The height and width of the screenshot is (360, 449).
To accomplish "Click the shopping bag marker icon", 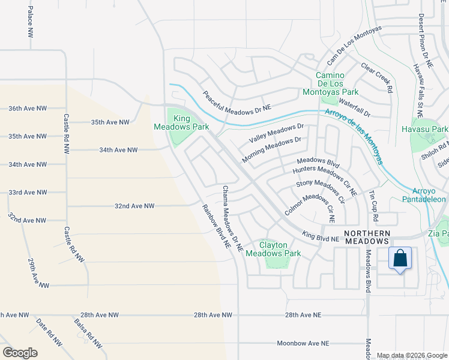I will pyautogui.click(x=400, y=259).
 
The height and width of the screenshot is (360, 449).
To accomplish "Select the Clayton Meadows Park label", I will pyautogui.click(x=273, y=250).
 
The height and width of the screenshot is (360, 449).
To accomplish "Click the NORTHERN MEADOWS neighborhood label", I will pyautogui.click(x=366, y=237).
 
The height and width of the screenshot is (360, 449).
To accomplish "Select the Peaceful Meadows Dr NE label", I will pyautogui.click(x=237, y=100).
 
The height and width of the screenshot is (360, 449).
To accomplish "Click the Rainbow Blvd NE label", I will pyautogui.click(x=216, y=226).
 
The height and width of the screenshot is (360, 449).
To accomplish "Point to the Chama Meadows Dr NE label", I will pyautogui.click(x=232, y=217).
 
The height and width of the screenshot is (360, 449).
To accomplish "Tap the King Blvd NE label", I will pyautogui.click(x=321, y=236).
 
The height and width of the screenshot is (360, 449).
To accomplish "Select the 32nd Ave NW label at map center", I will pyautogui.click(x=134, y=206).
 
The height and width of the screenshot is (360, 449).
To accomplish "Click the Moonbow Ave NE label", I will pyautogui.click(x=303, y=343).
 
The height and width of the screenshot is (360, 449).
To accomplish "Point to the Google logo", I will pyautogui.click(x=20, y=353).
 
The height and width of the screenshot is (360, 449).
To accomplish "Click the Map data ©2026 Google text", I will pyautogui.click(x=412, y=355).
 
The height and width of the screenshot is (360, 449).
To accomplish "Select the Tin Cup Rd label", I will pyautogui.click(x=372, y=202).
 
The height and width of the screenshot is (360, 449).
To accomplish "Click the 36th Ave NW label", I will pyautogui.click(x=28, y=109).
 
